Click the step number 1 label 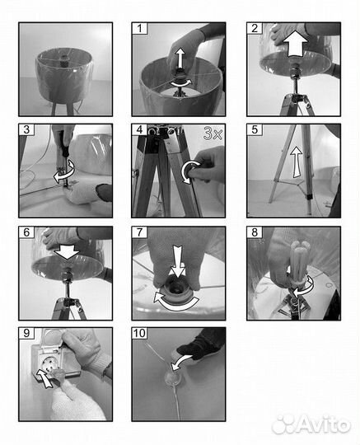pyautogui.click(x=139, y=29)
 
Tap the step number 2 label pyautogui.click(x=255, y=29)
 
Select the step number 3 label pyautogui.click(x=26, y=129)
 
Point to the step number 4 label pyautogui.click(x=139, y=129)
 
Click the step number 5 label pyautogui.click(x=255, y=129)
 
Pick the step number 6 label pyautogui.click(x=26, y=232)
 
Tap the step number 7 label pyautogui.click(x=139, y=232)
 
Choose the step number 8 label pyautogui.click(x=255, y=232)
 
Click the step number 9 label pyautogui.click(x=26, y=333)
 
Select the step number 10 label pyautogui.click(x=139, y=333)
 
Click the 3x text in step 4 pyautogui.click(x=213, y=133)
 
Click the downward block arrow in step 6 pyautogui.click(x=67, y=251)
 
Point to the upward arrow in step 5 pyautogui.click(x=297, y=162)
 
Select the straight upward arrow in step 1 pyautogui.click(x=180, y=59)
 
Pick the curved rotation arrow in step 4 pyautogui.click(x=190, y=171)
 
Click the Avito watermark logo pyautogui.click(x=311, y=424)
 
